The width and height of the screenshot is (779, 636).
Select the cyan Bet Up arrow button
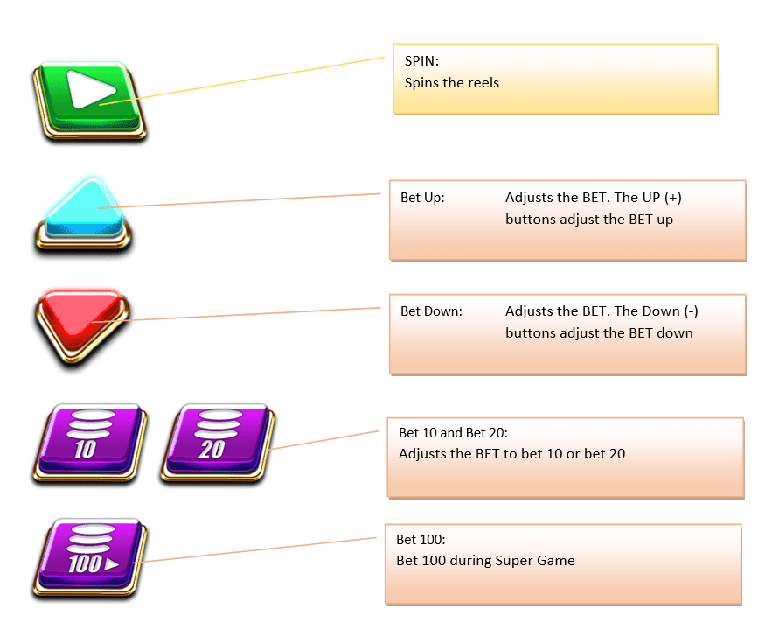point(85,213)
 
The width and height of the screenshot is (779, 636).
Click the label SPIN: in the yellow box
point(422,61)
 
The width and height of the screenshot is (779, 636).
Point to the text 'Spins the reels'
point(452,83)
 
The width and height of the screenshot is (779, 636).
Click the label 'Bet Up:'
point(422,198)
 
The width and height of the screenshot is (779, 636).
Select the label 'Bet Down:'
point(431,311)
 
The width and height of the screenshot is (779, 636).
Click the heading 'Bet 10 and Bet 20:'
point(453,432)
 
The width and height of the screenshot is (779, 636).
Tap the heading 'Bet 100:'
point(421,539)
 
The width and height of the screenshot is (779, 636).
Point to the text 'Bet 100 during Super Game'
point(485,561)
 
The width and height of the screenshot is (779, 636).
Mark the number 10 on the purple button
point(85,451)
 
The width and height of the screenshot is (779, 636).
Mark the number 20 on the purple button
point(212,451)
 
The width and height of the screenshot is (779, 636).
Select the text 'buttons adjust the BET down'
point(599,333)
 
